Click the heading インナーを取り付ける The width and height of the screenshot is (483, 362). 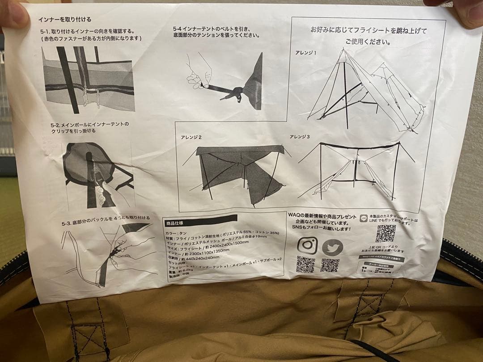[x=64, y=19]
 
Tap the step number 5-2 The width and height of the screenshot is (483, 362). [x=56, y=124]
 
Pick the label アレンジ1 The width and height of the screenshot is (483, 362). [x=305, y=53]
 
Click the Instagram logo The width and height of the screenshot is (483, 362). [x=307, y=245]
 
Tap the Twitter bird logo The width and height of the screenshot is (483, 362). [x=333, y=247]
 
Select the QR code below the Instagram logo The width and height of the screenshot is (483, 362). [x=305, y=264]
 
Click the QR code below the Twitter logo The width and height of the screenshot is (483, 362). [x=330, y=265]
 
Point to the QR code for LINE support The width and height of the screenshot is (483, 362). [x=385, y=233]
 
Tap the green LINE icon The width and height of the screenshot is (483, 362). [x=364, y=219]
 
